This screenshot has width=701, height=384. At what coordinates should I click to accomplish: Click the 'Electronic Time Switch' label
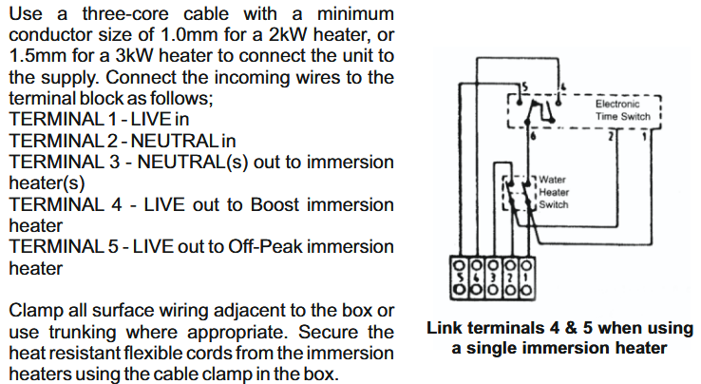[623, 110]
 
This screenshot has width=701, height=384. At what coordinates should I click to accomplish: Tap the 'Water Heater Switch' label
[554, 192]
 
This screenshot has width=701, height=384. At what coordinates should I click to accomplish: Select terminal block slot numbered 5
[459, 278]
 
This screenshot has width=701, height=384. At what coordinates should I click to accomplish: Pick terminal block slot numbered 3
[493, 278]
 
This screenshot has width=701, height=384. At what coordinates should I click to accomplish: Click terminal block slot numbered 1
[526, 278]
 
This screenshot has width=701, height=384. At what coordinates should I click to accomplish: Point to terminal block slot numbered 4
[476, 278]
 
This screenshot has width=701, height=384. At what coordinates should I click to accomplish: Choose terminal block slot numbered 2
[510, 278]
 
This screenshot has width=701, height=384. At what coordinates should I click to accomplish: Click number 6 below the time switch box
[533, 136]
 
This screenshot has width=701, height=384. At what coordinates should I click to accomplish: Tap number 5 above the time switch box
[525, 86]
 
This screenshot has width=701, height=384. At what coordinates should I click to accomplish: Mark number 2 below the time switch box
[611, 136]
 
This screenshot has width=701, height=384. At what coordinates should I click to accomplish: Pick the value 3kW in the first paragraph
[134, 56]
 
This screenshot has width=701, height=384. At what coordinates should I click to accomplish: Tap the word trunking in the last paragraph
[83, 332]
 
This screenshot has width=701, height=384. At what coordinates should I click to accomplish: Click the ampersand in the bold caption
[572, 328]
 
